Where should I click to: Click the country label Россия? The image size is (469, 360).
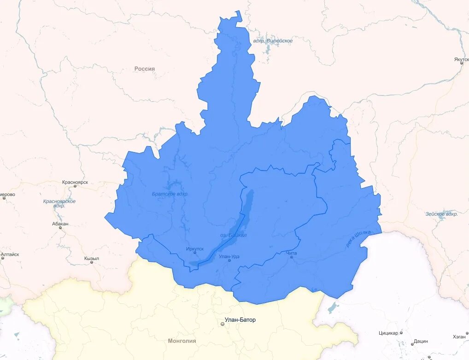click(x=145, y=69)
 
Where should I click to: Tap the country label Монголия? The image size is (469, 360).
click(x=182, y=341)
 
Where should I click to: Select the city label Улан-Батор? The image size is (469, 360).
click(x=240, y=320)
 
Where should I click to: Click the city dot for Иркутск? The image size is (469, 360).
click(x=195, y=253)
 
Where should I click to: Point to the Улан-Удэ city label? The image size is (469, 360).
click(x=229, y=256)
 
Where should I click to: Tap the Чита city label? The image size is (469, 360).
click(x=291, y=253)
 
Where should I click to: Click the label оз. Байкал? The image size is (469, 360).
click(x=234, y=235)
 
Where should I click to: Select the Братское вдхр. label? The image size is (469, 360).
click(x=170, y=194)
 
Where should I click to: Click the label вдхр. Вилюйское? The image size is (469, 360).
click(x=273, y=41)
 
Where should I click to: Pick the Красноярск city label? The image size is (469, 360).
click(x=75, y=182)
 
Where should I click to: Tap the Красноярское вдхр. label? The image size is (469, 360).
click(x=59, y=203)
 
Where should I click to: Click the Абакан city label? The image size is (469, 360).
click(x=60, y=224)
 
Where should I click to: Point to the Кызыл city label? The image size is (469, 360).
click(x=92, y=259)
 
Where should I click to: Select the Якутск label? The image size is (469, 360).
click(x=461, y=59)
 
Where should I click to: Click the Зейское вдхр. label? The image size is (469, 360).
click(x=441, y=214)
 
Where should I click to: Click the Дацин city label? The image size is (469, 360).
click(x=421, y=341)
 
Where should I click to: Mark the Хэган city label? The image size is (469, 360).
click(x=459, y=336)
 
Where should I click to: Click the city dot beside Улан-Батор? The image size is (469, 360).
click(x=222, y=324)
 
